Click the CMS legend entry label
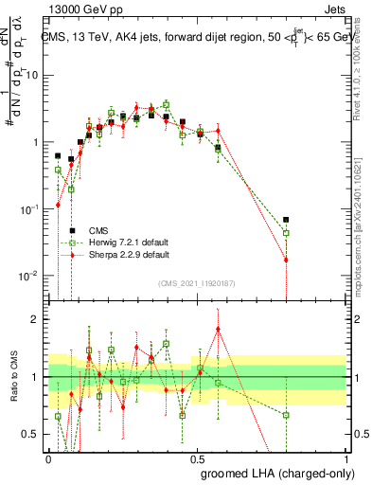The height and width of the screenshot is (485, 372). tap(98, 230)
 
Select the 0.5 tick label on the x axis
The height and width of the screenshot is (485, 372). tap(197, 458)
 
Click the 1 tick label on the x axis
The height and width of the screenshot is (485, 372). tap(345, 458)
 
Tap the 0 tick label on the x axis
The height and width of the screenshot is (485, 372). tap(49, 458)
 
